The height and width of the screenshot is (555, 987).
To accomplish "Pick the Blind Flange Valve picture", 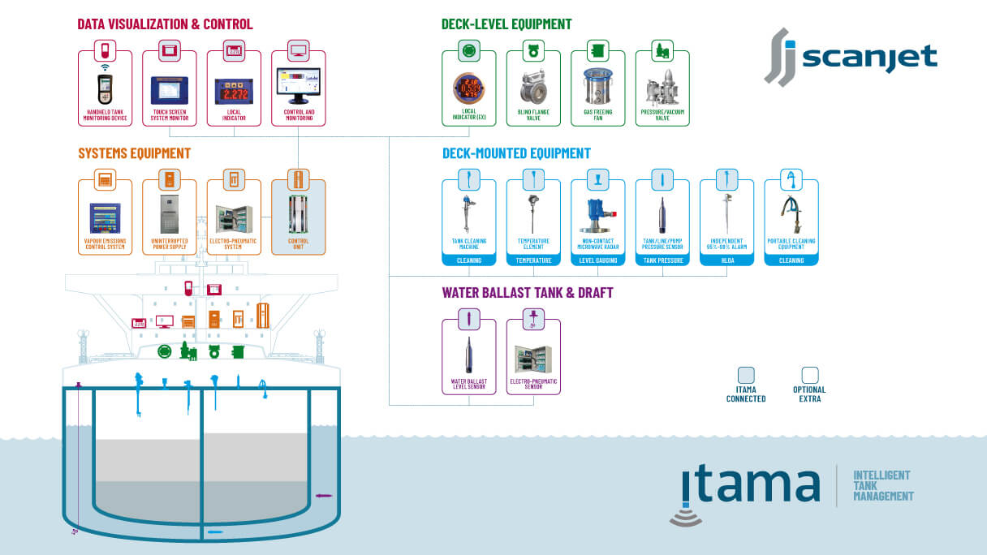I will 532,86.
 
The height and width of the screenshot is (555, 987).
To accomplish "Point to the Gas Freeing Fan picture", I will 597,85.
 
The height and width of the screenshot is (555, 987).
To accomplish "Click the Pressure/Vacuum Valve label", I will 662,115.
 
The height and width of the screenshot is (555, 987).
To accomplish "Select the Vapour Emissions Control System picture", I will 105,217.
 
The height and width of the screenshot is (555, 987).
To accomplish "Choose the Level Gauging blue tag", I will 597,260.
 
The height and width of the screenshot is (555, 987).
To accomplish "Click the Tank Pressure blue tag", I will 662,260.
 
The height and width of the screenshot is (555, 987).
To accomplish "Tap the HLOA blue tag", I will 726,260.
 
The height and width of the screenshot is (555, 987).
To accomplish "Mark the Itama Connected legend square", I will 745,375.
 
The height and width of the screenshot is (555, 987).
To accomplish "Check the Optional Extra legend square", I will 809,375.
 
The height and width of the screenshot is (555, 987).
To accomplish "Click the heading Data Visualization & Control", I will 165,24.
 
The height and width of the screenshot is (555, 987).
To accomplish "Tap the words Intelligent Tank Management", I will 882,485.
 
